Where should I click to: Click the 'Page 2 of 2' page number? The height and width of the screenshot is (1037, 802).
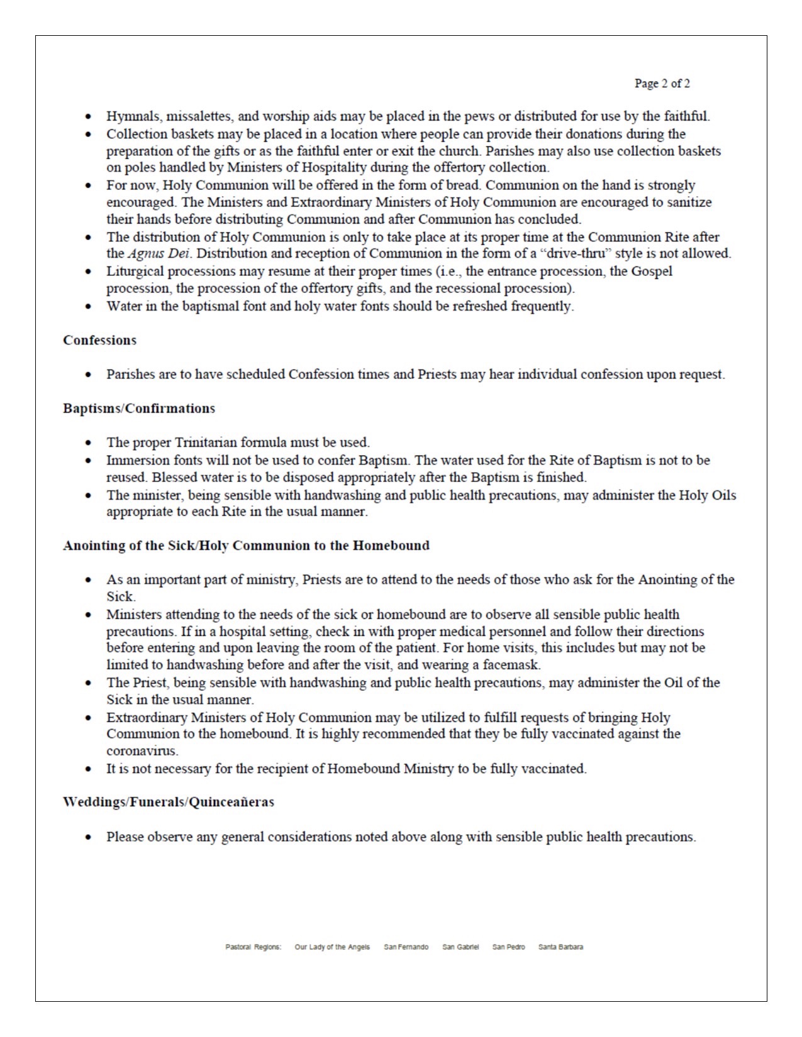click(662, 84)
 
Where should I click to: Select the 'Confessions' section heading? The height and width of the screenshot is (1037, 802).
click(99, 340)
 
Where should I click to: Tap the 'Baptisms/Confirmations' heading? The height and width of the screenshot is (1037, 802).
click(138, 409)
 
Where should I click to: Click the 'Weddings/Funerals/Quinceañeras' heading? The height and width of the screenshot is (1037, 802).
click(168, 802)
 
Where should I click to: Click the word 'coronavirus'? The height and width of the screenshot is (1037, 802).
click(142, 751)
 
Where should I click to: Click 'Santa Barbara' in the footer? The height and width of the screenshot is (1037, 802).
click(560, 947)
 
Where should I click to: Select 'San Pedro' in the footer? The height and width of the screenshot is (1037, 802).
click(508, 947)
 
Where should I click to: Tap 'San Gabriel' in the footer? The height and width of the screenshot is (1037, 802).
click(460, 947)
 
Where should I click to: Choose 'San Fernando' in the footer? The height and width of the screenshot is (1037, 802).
click(406, 947)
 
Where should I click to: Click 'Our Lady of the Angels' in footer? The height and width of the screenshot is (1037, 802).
click(332, 947)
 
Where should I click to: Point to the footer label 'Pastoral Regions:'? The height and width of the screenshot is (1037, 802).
click(253, 947)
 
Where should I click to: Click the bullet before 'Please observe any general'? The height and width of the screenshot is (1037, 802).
click(89, 837)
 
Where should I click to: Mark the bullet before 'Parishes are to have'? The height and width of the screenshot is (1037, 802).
click(89, 375)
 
